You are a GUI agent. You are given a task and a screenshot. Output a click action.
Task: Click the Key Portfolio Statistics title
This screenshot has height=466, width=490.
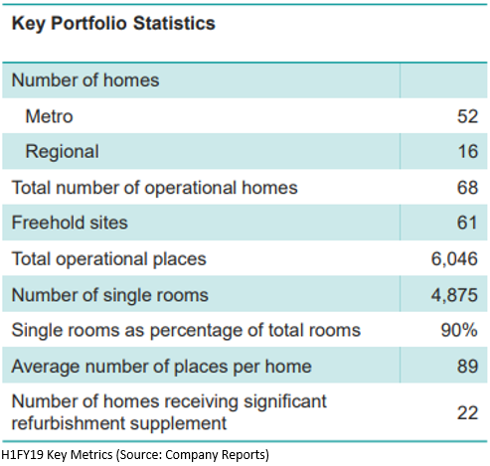click(x=113, y=24)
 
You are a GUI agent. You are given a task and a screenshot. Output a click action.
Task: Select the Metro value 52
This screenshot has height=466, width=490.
click(x=467, y=116)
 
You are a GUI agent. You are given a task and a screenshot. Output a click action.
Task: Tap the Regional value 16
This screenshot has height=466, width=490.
click(x=468, y=152)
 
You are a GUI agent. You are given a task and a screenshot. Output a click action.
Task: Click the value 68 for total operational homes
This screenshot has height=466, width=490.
click(x=467, y=188)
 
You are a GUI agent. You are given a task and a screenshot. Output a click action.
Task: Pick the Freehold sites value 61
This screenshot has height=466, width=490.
click(x=467, y=223)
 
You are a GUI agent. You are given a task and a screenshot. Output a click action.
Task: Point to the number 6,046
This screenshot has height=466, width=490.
click(x=454, y=259)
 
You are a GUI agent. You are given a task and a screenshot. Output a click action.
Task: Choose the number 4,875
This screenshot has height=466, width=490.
click(x=454, y=295)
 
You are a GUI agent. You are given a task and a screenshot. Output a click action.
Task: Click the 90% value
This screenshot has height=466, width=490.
click(x=459, y=330)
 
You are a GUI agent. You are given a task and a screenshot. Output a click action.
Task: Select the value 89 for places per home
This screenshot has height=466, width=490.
click(x=467, y=367)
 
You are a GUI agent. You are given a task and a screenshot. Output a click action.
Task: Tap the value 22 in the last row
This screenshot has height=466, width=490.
click(x=467, y=413)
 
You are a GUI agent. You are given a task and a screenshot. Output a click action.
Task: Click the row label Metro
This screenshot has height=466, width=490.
click(x=49, y=116)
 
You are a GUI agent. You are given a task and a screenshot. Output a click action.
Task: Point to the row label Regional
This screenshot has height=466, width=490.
click(x=62, y=152)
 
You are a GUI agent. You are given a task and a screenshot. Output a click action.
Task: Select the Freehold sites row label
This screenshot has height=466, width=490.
click(x=70, y=223)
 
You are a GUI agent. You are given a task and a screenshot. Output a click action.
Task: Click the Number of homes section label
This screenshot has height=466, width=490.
click(x=85, y=80)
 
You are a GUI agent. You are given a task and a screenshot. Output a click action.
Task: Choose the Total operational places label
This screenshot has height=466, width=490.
click(x=108, y=259)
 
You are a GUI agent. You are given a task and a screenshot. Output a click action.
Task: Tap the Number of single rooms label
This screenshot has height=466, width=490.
click(x=110, y=295)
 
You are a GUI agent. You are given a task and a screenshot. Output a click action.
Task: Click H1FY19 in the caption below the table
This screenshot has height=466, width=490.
click(x=22, y=455)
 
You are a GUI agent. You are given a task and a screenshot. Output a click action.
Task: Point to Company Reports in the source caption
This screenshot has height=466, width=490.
click(x=217, y=455)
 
